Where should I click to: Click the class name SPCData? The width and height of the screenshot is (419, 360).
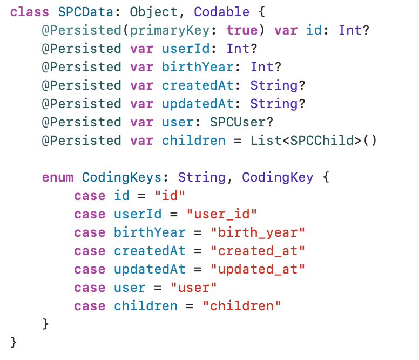point(82,12)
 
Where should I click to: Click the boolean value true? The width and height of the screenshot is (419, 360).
point(242,30)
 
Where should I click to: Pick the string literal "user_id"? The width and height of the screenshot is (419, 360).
point(222,214)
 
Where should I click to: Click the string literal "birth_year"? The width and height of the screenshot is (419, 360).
point(258,232)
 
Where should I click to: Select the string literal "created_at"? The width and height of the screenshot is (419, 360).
point(258,251)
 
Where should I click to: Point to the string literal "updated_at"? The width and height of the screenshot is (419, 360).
point(258,269)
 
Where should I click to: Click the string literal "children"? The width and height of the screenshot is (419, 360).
point(242,306)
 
